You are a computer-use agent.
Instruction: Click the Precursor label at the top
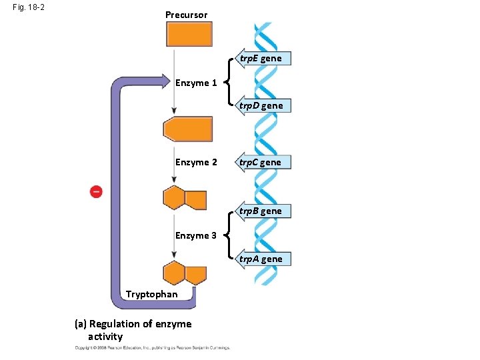click(186, 15)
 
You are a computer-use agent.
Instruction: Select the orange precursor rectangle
click(189, 34)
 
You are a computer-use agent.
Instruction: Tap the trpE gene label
click(265, 59)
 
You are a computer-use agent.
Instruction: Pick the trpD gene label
click(265, 105)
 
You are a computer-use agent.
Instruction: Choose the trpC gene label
click(265, 162)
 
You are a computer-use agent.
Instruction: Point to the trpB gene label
click(265, 211)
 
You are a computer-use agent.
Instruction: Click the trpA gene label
click(265, 259)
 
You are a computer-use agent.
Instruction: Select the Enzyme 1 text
click(196, 83)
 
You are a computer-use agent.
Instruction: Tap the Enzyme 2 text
click(196, 162)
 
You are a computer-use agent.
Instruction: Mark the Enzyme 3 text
click(196, 235)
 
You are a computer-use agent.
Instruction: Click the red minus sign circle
click(96, 192)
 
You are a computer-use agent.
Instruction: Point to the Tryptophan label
click(151, 294)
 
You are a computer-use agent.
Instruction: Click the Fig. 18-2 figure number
click(29, 9)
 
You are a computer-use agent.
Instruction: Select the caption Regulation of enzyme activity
click(133, 330)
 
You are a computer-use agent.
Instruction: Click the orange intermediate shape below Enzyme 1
click(188, 129)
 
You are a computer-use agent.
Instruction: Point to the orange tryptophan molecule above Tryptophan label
click(185, 274)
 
